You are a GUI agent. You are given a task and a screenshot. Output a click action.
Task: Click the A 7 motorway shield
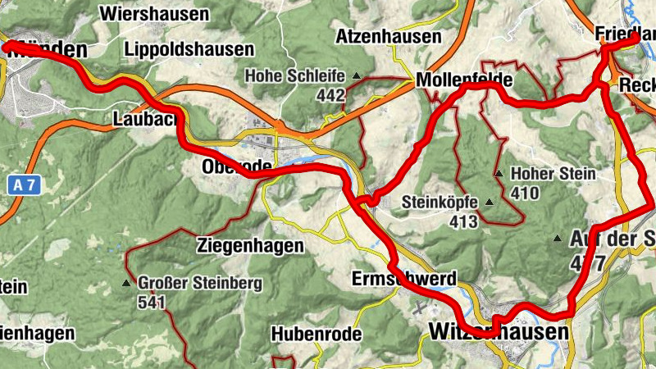point(24,185)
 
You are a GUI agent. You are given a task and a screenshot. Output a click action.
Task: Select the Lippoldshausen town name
point(189,49)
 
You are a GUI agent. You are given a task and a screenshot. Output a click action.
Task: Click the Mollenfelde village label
point(464,80)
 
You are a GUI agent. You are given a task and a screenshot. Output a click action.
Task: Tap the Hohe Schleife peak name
point(294,76)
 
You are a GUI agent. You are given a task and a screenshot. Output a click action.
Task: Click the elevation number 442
point(330,95)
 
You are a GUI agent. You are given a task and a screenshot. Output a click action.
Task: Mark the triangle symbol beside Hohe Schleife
point(356,76)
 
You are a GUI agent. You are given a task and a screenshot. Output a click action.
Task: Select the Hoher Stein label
point(553,175)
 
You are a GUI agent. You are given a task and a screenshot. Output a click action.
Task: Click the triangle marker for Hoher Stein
point(499,174)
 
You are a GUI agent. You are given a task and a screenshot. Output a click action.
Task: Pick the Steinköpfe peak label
point(440,202)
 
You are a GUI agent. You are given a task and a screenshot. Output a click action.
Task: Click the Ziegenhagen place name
point(251,245)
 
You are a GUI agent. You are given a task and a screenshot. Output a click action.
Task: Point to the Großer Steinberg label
point(200,284)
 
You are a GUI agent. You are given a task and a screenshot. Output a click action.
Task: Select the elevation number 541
point(153,303)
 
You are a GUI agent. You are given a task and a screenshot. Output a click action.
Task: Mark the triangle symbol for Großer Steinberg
point(125,284)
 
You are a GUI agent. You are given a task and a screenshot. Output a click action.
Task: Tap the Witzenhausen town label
point(498,332)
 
